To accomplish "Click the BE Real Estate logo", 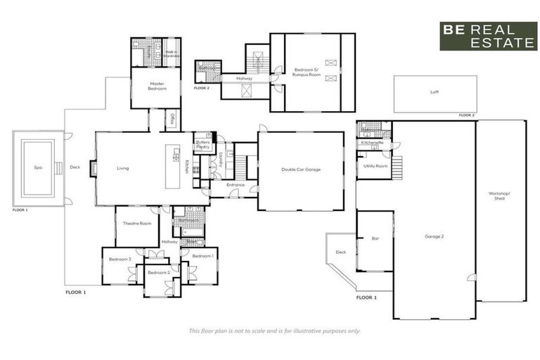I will click(x=488, y=36).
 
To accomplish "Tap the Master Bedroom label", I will click(x=156, y=86).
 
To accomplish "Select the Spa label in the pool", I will click(x=37, y=168).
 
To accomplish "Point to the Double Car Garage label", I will click(x=301, y=169).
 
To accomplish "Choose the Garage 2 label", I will click(x=434, y=236).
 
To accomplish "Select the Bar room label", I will click(x=375, y=239).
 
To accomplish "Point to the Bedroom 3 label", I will click(x=120, y=259).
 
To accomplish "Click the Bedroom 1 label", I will click(x=202, y=256).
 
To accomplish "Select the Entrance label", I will click(x=236, y=185).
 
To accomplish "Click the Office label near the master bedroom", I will click(x=169, y=119).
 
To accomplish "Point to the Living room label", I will click(x=123, y=168).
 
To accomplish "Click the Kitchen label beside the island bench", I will click(x=186, y=167).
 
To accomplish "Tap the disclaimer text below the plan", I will click(x=275, y=330).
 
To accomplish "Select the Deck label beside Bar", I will click(x=341, y=252).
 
